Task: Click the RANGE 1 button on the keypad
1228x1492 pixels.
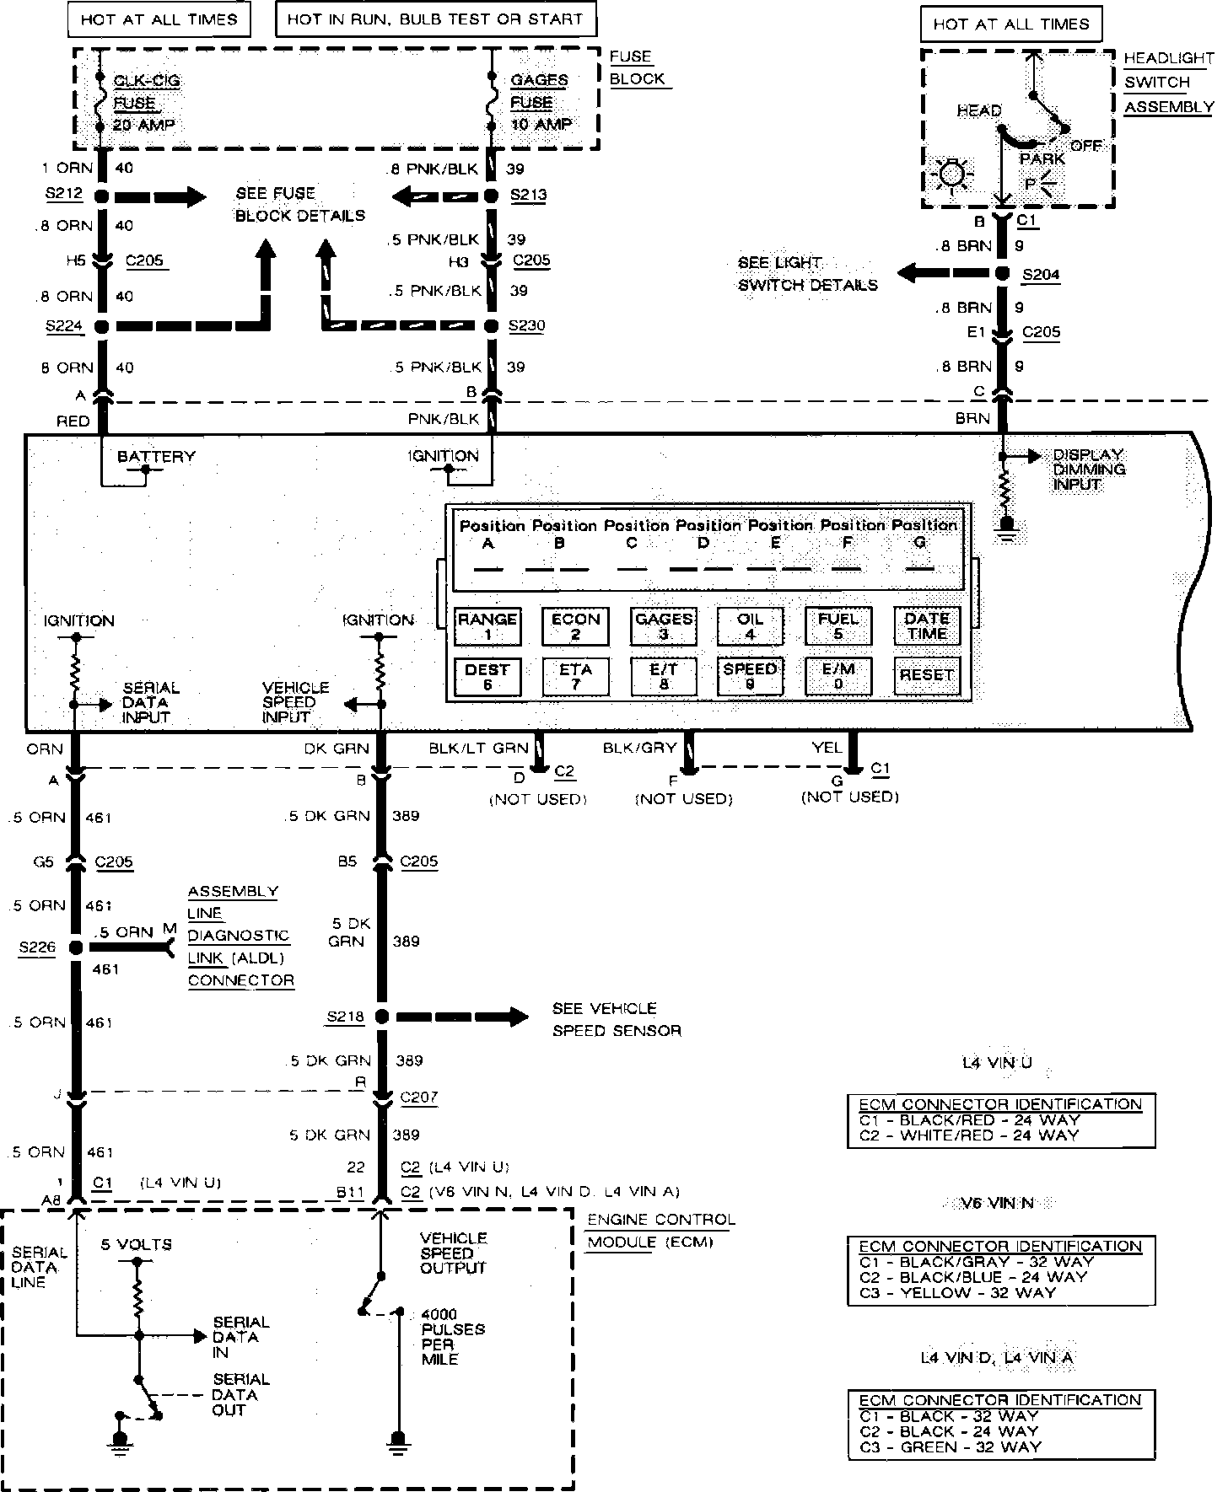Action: pos(487,625)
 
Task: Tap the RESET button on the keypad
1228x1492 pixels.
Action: pos(926,675)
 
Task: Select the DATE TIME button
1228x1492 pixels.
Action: pos(926,625)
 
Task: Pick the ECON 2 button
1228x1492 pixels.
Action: pos(575,625)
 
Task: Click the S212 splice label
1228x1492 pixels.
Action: pos(64,194)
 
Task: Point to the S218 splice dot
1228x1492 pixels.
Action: pos(381,1017)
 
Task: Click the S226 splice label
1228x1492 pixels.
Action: pos(37,947)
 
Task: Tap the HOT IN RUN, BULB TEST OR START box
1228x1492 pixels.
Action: pos(435,19)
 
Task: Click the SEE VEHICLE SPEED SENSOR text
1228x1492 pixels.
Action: pos(616,1019)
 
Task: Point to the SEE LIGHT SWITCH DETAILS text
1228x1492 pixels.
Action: pos(807,274)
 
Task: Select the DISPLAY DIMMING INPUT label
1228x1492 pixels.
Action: pos(1089,470)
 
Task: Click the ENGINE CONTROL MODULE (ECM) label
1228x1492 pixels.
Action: pos(661,1231)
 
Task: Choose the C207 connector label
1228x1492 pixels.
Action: pos(419,1098)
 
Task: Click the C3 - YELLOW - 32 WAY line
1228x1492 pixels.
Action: pos(956,1292)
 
